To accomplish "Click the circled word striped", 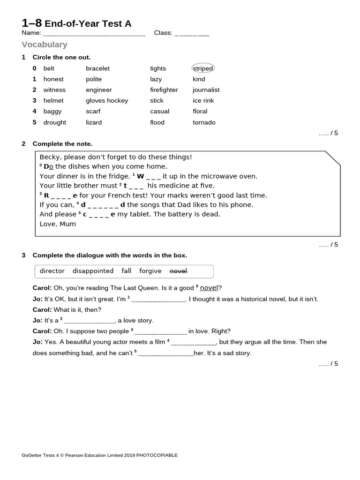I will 203,68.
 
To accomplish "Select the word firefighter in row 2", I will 164,90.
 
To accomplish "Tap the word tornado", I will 204,122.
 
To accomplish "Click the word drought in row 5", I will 54,122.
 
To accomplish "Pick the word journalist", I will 206,90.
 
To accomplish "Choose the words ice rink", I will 203,101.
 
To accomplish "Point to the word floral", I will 200,112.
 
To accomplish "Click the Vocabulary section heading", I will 45,45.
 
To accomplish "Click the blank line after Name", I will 94,34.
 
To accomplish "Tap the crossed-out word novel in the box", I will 178,271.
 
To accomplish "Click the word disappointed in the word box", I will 93,271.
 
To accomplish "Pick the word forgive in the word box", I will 150,271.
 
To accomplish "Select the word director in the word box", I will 52,271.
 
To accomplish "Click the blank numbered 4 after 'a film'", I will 193,343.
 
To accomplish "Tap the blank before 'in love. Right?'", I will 161,331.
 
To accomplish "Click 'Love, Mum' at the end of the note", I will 58,224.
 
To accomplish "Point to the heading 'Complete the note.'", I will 62,144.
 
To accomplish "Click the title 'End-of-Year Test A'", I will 88,23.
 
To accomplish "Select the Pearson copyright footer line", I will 99,455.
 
